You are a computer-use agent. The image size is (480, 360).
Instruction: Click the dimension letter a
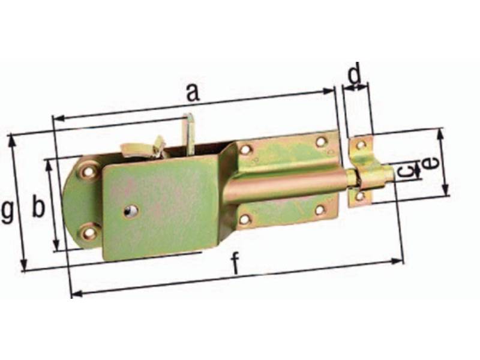pyautogui.click(x=191, y=93)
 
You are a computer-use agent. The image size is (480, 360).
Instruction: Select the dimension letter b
pyautogui.click(x=38, y=207)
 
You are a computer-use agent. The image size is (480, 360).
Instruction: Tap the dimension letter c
pyautogui.click(x=406, y=172)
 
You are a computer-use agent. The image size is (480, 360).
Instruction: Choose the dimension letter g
pyautogui.click(x=7, y=212)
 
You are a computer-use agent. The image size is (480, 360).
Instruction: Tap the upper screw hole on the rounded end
pyautogui.click(x=89, y=172)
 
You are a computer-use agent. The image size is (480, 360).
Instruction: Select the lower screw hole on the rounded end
pyautogui.click(x=89, y=232)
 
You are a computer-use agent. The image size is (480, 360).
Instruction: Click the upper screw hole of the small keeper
pyautogui.click(x=360, y=145)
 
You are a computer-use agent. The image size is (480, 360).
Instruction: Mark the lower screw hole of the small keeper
pyautogui.click(x=359, y=196)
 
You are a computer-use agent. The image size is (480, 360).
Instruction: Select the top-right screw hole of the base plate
pyautogui.click(x=321, y=142)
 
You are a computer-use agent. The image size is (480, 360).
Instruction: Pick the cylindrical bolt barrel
pyautogui.click(x=288, y=186)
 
